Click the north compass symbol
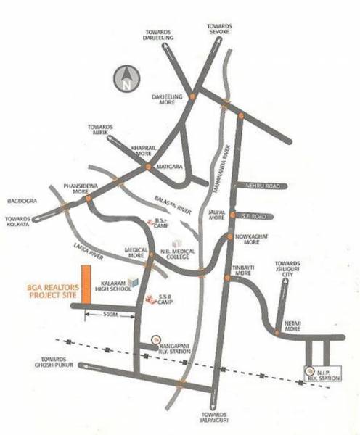127,77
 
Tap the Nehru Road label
263,186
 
